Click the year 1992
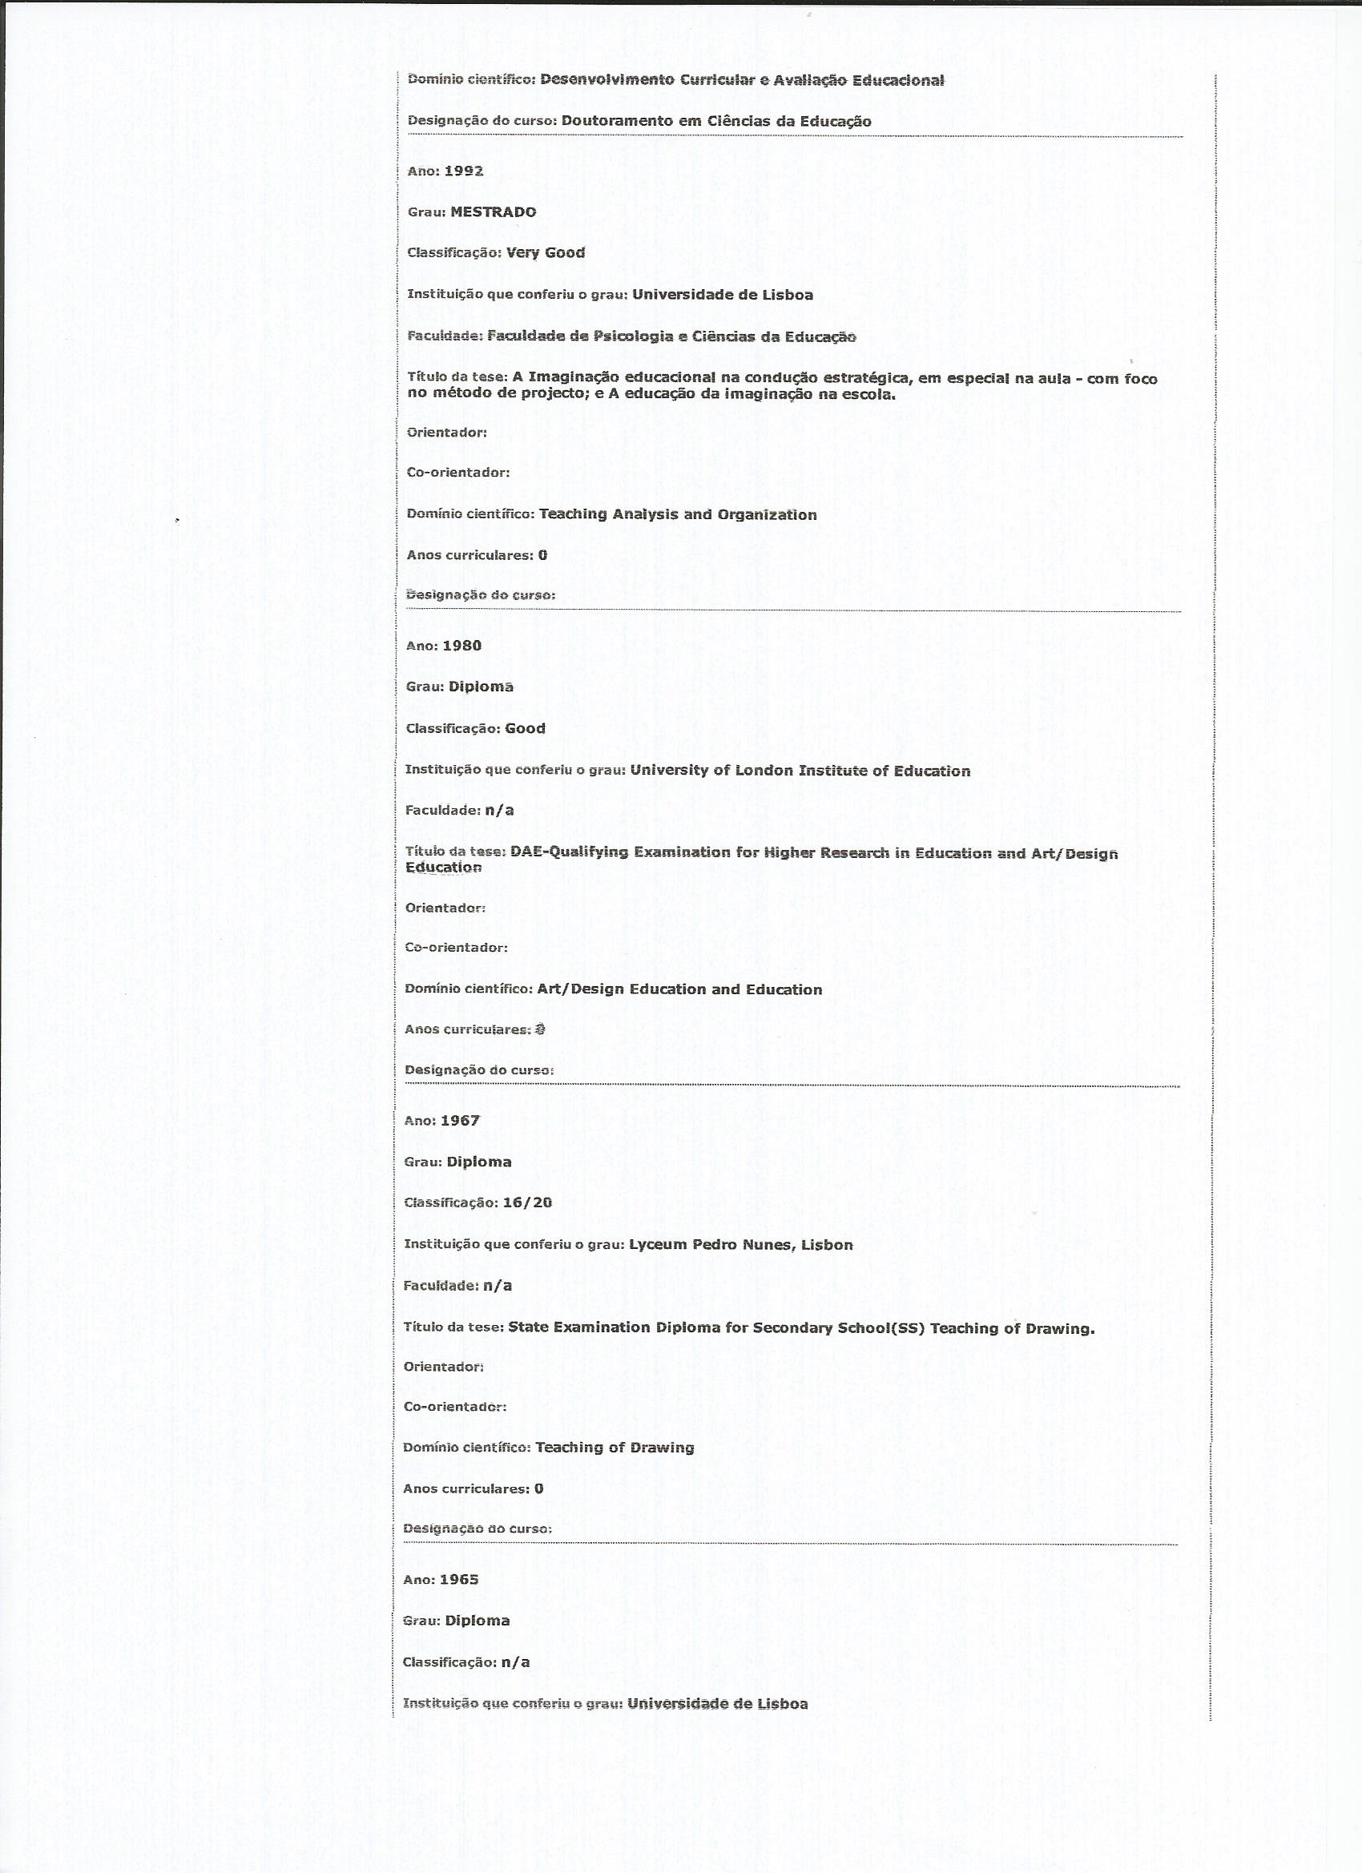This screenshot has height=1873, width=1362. tap(463, 171)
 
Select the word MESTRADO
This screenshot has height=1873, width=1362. tap(493, 212)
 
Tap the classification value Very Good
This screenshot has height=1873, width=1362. tap(545, 252)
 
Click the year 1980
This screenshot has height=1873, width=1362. tap(461, 646)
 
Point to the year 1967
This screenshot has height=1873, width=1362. tap(460, 1121)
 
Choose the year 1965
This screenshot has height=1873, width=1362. tap(459, 1579)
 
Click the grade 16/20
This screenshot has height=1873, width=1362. tap(527, 1202)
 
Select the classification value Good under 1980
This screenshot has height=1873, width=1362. tap(526, 728)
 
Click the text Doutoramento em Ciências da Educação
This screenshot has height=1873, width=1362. tap(716, 122)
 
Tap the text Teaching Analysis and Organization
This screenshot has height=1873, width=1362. tap(678, 514)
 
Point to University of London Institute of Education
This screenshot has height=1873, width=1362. tap(800, 771)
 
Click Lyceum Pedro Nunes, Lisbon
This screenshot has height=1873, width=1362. tap(741, 1245)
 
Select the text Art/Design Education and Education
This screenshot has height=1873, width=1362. tap(679, 989)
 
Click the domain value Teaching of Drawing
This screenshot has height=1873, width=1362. tap(615, 1447)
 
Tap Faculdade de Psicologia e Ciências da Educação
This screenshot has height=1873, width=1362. tap(671, 336)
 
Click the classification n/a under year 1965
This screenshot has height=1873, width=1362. tap(515, 1662)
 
